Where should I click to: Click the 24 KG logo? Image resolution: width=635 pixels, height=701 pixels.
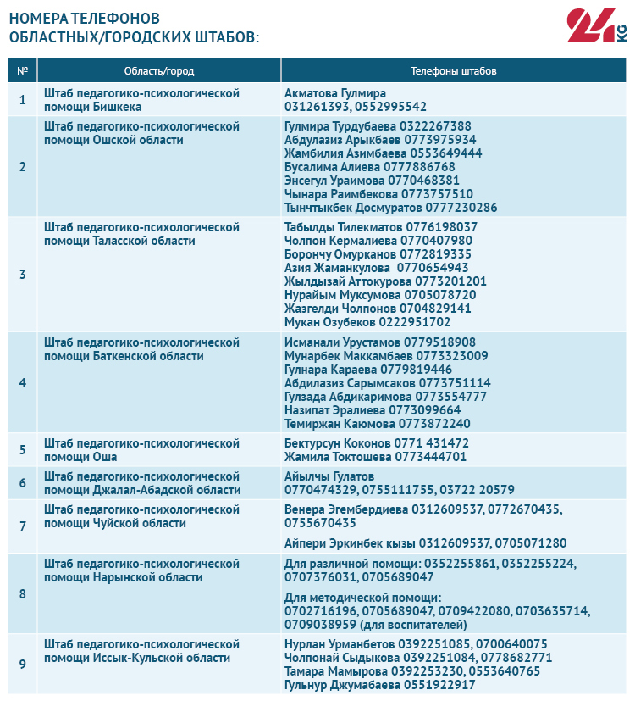(596, 26)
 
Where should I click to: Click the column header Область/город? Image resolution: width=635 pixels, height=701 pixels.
(158, 70)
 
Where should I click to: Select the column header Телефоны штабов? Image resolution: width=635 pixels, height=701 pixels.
(453, 70)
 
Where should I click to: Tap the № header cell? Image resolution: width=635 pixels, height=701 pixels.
(23, 70)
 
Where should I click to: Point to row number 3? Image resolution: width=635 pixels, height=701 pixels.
(23, 275)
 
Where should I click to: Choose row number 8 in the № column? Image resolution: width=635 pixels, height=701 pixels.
(23, 593)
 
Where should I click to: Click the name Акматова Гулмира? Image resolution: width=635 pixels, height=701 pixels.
(335, 93)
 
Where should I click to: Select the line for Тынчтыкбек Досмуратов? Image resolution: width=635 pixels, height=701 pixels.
(391, 208)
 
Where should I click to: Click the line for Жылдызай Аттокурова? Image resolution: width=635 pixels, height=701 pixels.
(386, 281)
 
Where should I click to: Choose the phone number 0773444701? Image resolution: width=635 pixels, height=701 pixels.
(431, 457)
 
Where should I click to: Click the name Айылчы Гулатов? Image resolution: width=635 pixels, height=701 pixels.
(329, 476)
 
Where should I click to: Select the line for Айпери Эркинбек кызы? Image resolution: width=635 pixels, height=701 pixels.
(425, 543)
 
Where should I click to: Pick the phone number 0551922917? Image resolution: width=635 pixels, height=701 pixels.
(439, 685)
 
